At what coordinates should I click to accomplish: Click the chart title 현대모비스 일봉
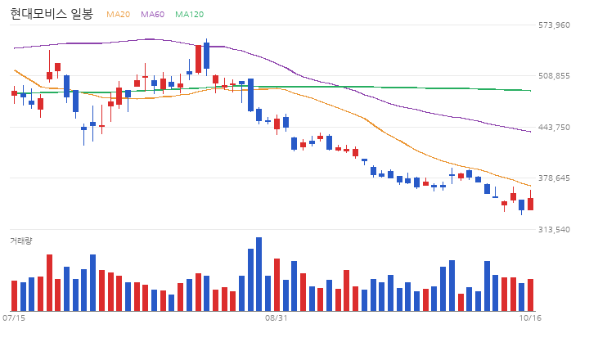52,14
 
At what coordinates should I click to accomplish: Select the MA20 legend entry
118,14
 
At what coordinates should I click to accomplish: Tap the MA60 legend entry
152,14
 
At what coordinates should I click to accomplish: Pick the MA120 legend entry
189,14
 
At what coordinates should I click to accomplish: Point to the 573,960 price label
554,25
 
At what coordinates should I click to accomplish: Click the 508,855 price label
554,76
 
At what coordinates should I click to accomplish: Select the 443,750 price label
554,127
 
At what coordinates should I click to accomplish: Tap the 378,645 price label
554,178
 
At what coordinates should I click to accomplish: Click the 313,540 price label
554,229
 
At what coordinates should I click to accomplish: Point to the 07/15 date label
14,318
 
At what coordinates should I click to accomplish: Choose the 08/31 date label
277,318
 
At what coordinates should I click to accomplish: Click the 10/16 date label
530,318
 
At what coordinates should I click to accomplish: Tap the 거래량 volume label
21,241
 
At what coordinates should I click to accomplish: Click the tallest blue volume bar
259,274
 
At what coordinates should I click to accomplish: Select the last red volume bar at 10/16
530,295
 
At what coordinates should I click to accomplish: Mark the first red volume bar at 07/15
14,295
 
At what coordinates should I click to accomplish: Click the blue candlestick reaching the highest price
206,56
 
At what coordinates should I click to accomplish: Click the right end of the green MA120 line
530,91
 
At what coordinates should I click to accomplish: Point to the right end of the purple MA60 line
530,132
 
